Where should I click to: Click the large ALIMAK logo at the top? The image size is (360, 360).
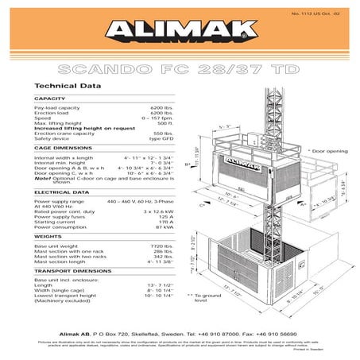pyautogui.click(x=179, y=29)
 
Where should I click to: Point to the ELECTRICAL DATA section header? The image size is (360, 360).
pyautogui.click(x=59, y=192)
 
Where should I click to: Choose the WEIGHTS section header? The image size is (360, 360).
pyautogui.click(x=45, y=236)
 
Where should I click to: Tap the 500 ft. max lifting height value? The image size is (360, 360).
pyautogui.click(x=165, y=123)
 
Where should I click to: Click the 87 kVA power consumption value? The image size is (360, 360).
pyautogui.click(x=165, y=227)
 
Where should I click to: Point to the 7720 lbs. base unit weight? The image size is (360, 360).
pyautogui.click(x=162, y=247)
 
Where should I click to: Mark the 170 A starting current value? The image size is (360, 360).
pyautogui.click(x=165, y=222)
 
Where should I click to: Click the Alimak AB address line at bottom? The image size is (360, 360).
pyautogui.click(x=180, y=315)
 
